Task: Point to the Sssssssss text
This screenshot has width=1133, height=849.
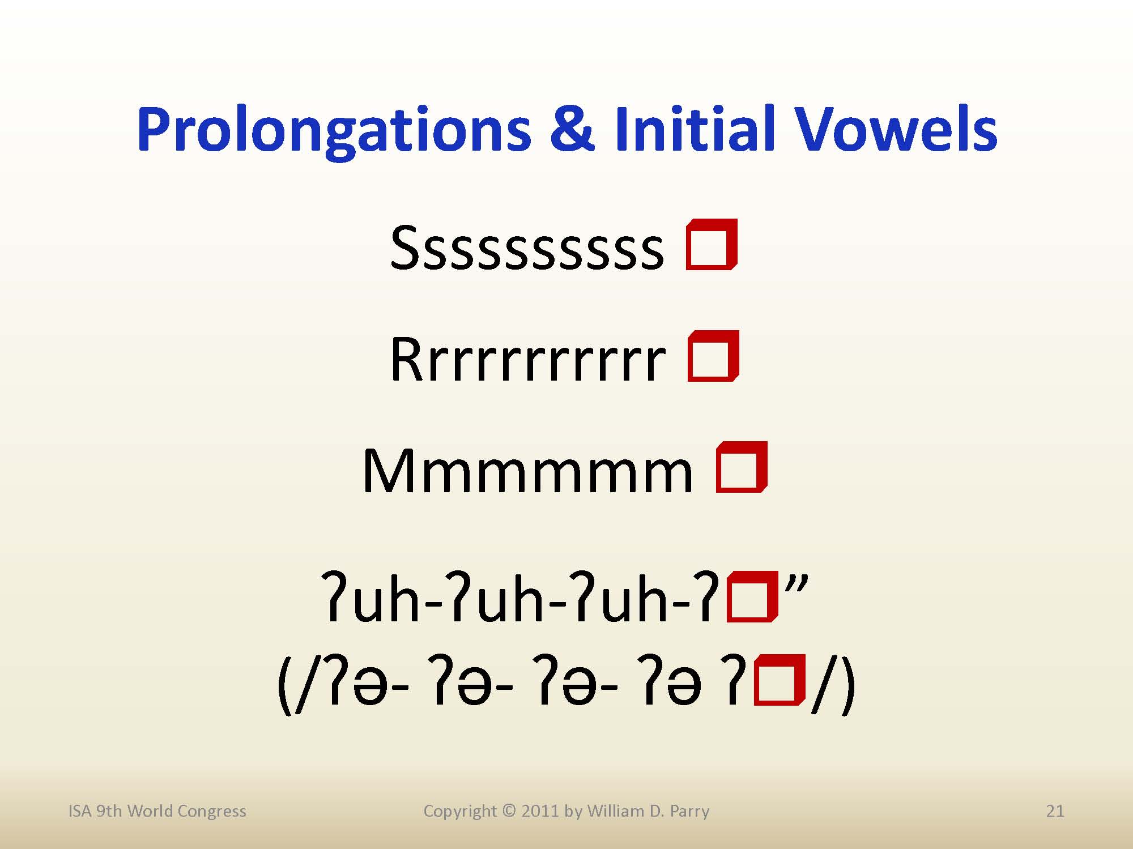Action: click(x=527, y=248)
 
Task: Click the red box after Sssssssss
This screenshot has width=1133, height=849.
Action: click(x=712, y=244)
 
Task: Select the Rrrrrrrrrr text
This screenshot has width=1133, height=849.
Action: click(x=527, y=360)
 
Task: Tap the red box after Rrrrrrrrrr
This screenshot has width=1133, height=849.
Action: click(x=713, y=356)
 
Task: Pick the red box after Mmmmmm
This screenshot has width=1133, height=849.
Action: click(x=742, y=467)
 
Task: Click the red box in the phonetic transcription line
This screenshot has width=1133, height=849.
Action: click(x=780, y=680)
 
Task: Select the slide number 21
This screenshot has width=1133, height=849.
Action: click(x=1055, y=811)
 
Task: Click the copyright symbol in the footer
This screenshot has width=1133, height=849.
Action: click(x=509, y=811)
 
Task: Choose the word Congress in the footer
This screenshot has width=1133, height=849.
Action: click(x=211, y=812)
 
